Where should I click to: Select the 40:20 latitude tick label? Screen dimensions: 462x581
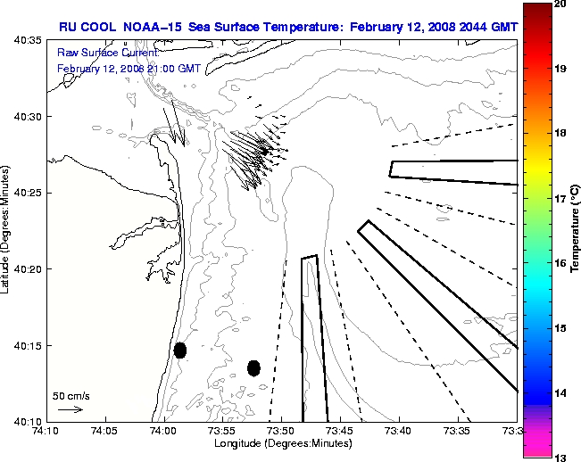[x=29, y=269]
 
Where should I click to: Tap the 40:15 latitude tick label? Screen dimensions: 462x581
[x=29, y=345]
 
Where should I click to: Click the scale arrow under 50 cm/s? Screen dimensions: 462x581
[x=70, y=409]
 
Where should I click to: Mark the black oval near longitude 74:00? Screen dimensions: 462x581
[x=180, y=350]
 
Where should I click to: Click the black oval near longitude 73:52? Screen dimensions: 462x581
[x=253, y=367]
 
